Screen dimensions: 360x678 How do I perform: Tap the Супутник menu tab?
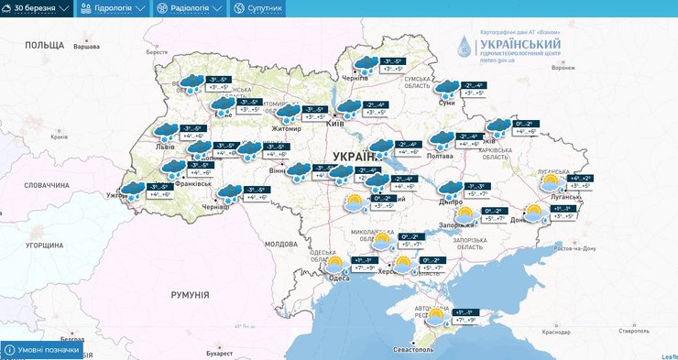click(x=258, y=8)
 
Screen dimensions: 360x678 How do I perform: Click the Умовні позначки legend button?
click(x=41, y=350)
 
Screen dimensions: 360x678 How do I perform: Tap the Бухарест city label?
click(x=218, y=351)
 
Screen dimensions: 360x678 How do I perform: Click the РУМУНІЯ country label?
click(x=190, y=295)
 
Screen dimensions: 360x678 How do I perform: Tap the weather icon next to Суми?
click(x=446, y=89)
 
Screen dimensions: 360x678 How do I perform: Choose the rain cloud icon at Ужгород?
click(x=134, y=190)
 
